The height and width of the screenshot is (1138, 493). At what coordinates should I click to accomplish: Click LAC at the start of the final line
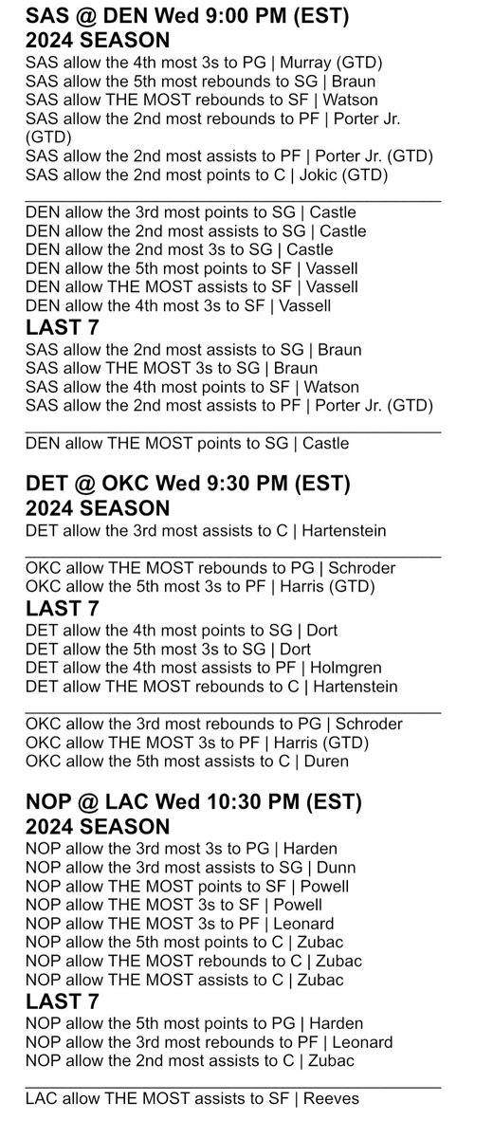(x=40, y=1100)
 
